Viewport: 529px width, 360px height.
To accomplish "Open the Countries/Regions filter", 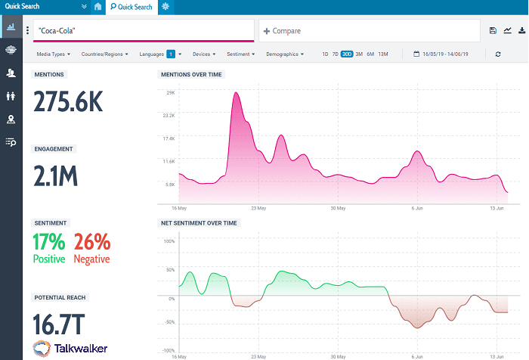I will click(x=104, y=54).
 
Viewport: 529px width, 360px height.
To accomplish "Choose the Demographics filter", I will click(x=285, y=54).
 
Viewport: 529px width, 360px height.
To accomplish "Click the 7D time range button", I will click(x=336, y=54).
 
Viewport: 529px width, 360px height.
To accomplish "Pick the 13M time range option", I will click(x=383, y=54).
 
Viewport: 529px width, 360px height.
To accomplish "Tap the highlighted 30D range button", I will click(x=347, y=54).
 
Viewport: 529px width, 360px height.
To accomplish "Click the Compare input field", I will click(x=369, y=31).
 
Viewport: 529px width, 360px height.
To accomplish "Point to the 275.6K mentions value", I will click(x=68, y=102).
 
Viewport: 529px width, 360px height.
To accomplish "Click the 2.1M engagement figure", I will click(x=56, y=176).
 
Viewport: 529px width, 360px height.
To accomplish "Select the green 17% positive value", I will click(x=49, y=242).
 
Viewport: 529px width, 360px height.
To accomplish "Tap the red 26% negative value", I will click(x=92, y=242).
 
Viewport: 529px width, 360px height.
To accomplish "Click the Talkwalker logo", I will click(x=70, y=349).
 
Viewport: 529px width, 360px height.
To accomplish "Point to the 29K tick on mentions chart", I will click(x=170, y=92).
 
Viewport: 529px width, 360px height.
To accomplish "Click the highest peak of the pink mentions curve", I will click(x=236, y=93).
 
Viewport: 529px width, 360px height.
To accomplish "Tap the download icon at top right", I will click(x=521, y=31).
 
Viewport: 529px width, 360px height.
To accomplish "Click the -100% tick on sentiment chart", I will click(x=169, y=351).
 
